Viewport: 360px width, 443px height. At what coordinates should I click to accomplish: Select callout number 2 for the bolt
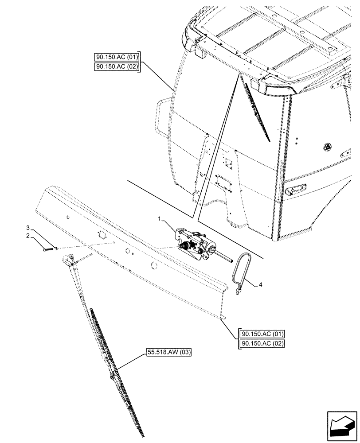[x=28, y=236]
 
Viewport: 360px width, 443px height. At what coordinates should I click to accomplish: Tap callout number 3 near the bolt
[x=28, y=228]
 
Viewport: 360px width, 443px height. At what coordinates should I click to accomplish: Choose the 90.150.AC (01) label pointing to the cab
[x=117, y=57]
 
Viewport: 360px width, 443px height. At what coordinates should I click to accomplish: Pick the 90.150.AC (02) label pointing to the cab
[x=117, y=67]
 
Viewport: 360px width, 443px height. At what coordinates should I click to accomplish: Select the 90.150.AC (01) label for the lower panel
[x=262, y=334]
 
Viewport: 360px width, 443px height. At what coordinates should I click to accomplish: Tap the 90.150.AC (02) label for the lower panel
[x=262, y=344]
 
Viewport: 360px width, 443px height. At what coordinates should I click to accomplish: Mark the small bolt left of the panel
[x=47, y=249]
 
